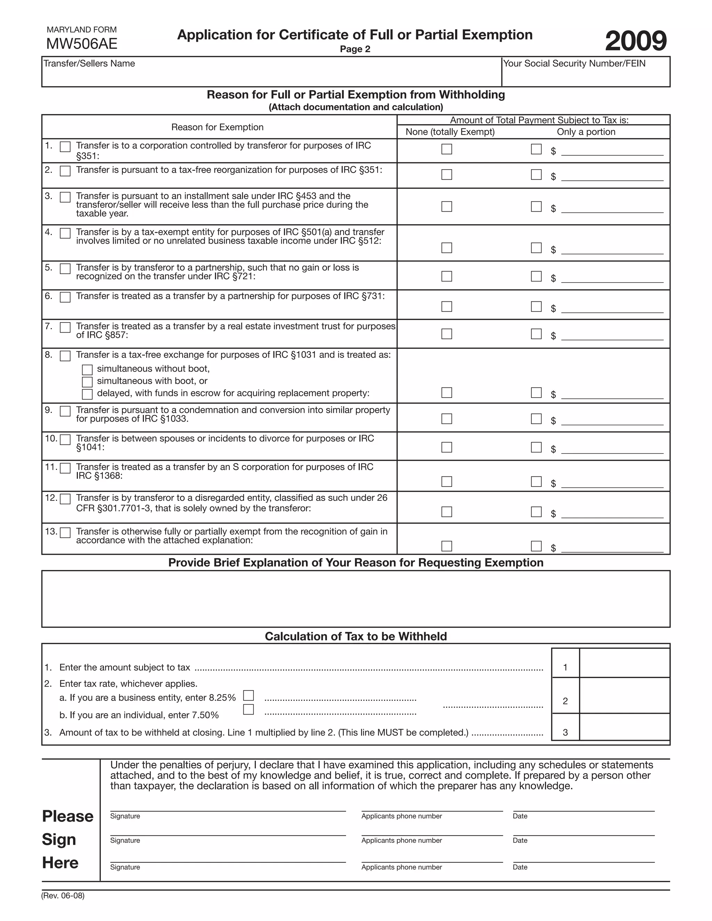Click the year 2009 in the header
click(x=636, y=41)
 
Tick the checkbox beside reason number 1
click(x=65, y=147)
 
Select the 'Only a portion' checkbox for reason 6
click(x=536, y=306)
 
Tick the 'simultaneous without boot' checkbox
click(x=87, y=370)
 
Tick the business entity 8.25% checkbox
click(x=249, y=695)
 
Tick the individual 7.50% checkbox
click(x=249, y=709)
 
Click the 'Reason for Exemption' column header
click(x=217, y=127)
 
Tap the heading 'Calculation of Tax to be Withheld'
click(x=356, y=636)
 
